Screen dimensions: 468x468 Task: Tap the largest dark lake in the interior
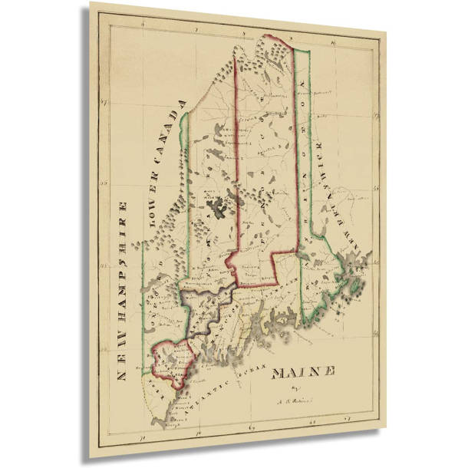(x=223, y=206)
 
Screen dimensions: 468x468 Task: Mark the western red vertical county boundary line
(x=234, y=153)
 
